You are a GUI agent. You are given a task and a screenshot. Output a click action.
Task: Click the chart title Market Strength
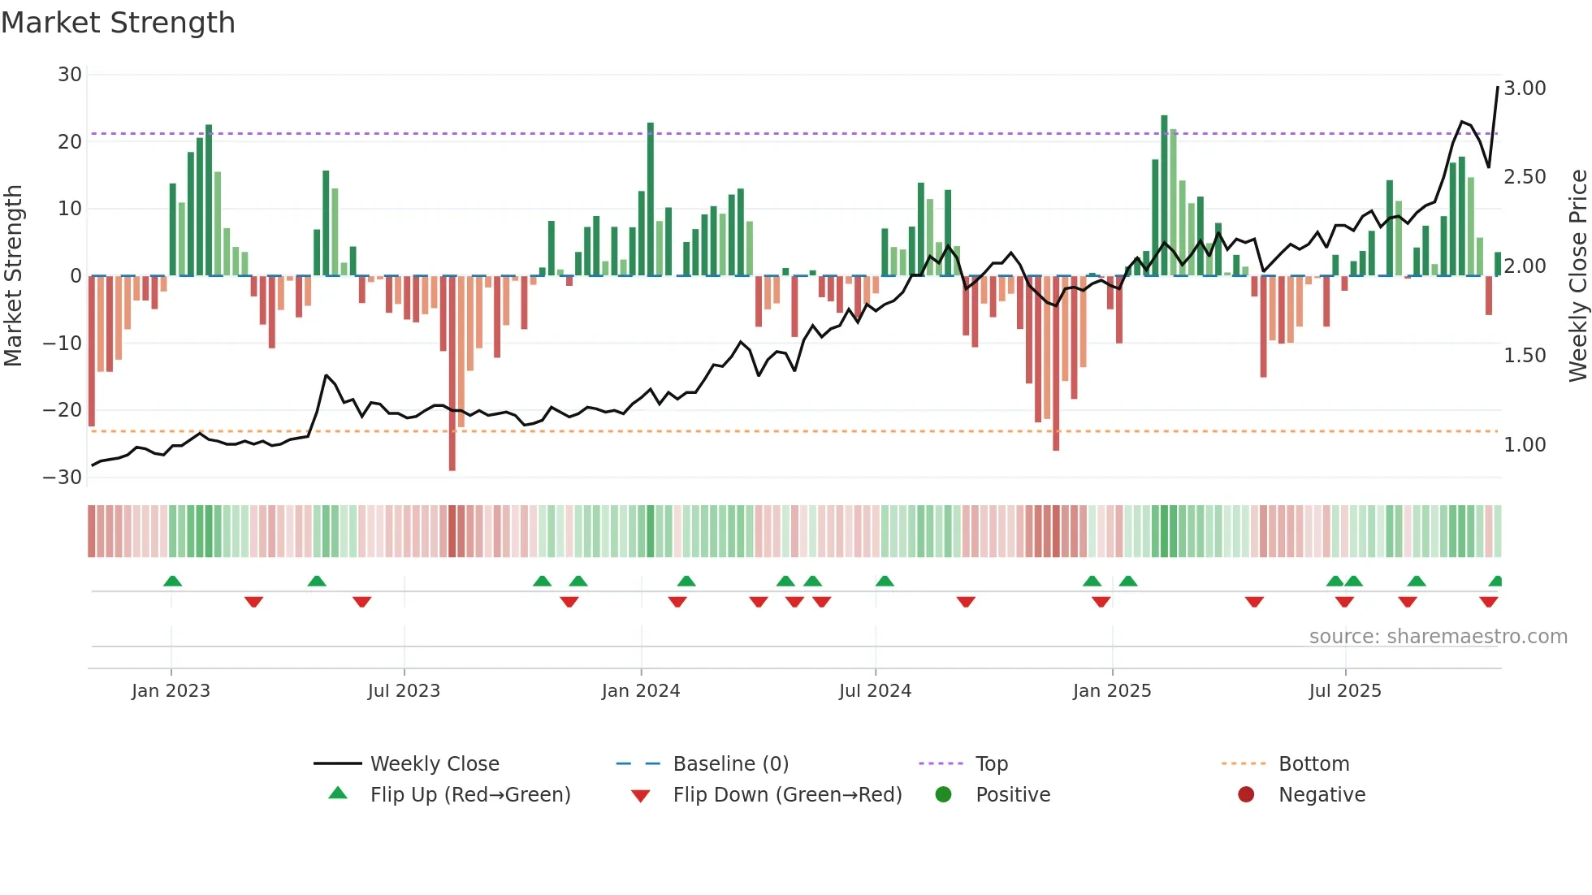coord(118,23)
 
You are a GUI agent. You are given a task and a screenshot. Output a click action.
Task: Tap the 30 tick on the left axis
coord(70,75)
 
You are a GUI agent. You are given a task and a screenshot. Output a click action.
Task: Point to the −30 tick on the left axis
coord(63,478)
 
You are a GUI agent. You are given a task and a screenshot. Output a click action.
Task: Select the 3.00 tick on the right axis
coord(1525,89)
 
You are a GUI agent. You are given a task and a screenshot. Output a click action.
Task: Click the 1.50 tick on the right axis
coord(1525,356)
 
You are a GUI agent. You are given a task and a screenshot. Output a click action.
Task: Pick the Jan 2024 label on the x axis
coord(640,691)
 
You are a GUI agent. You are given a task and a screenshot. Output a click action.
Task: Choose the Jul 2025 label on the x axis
coord(1344,691)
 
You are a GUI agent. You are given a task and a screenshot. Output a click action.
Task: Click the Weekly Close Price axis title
coord(1577,275)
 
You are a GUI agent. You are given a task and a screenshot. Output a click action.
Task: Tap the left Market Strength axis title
coord(13,275)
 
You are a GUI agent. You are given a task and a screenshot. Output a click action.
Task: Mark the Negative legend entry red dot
coord(1245,794)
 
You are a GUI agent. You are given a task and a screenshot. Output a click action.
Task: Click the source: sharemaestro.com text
coord(1438,637)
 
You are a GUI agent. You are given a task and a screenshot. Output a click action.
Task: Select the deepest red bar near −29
coord(452,374)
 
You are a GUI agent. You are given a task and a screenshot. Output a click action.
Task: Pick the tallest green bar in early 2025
coord(1164,195)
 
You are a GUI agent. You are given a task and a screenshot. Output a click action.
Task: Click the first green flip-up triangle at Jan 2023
coord(172,581)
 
